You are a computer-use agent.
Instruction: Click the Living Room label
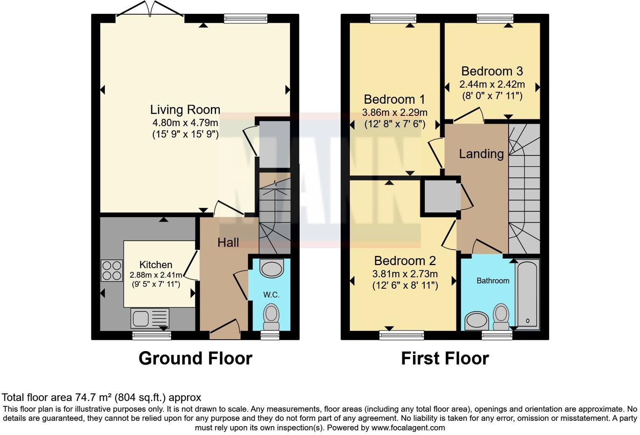pyautogui.click(x=185, y=110)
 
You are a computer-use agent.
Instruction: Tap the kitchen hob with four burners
pyautogui.click(x=112, y=271)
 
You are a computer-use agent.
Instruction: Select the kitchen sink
pyautogui.click(x=149, y=318)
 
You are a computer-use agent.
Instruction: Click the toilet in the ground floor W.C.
pyautogui.click(x=271, y=317)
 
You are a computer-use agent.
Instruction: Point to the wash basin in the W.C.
pyautogui.click(x=272, y=269)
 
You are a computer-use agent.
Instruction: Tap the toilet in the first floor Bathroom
pyautogui.click(x=501, y=317)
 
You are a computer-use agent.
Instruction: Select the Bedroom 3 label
pyautogui.click(x=492, y=71)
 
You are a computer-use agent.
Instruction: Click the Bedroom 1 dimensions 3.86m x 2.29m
pyautogui.click(x=395, y=113)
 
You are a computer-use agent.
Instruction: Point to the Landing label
pyautogui.click(x=481, y=153)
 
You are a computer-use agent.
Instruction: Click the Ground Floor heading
pyautogui.click(x=195, y=358)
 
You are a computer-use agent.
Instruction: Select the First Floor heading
pyautogui.click(x=445, y=358)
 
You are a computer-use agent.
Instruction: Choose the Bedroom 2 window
pyautogui.click(x=401, y=335)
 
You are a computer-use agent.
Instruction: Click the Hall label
pyautogui.click(x=228, y=242)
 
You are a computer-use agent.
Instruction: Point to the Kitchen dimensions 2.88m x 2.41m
pyautogui.click(x=156, y=275)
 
